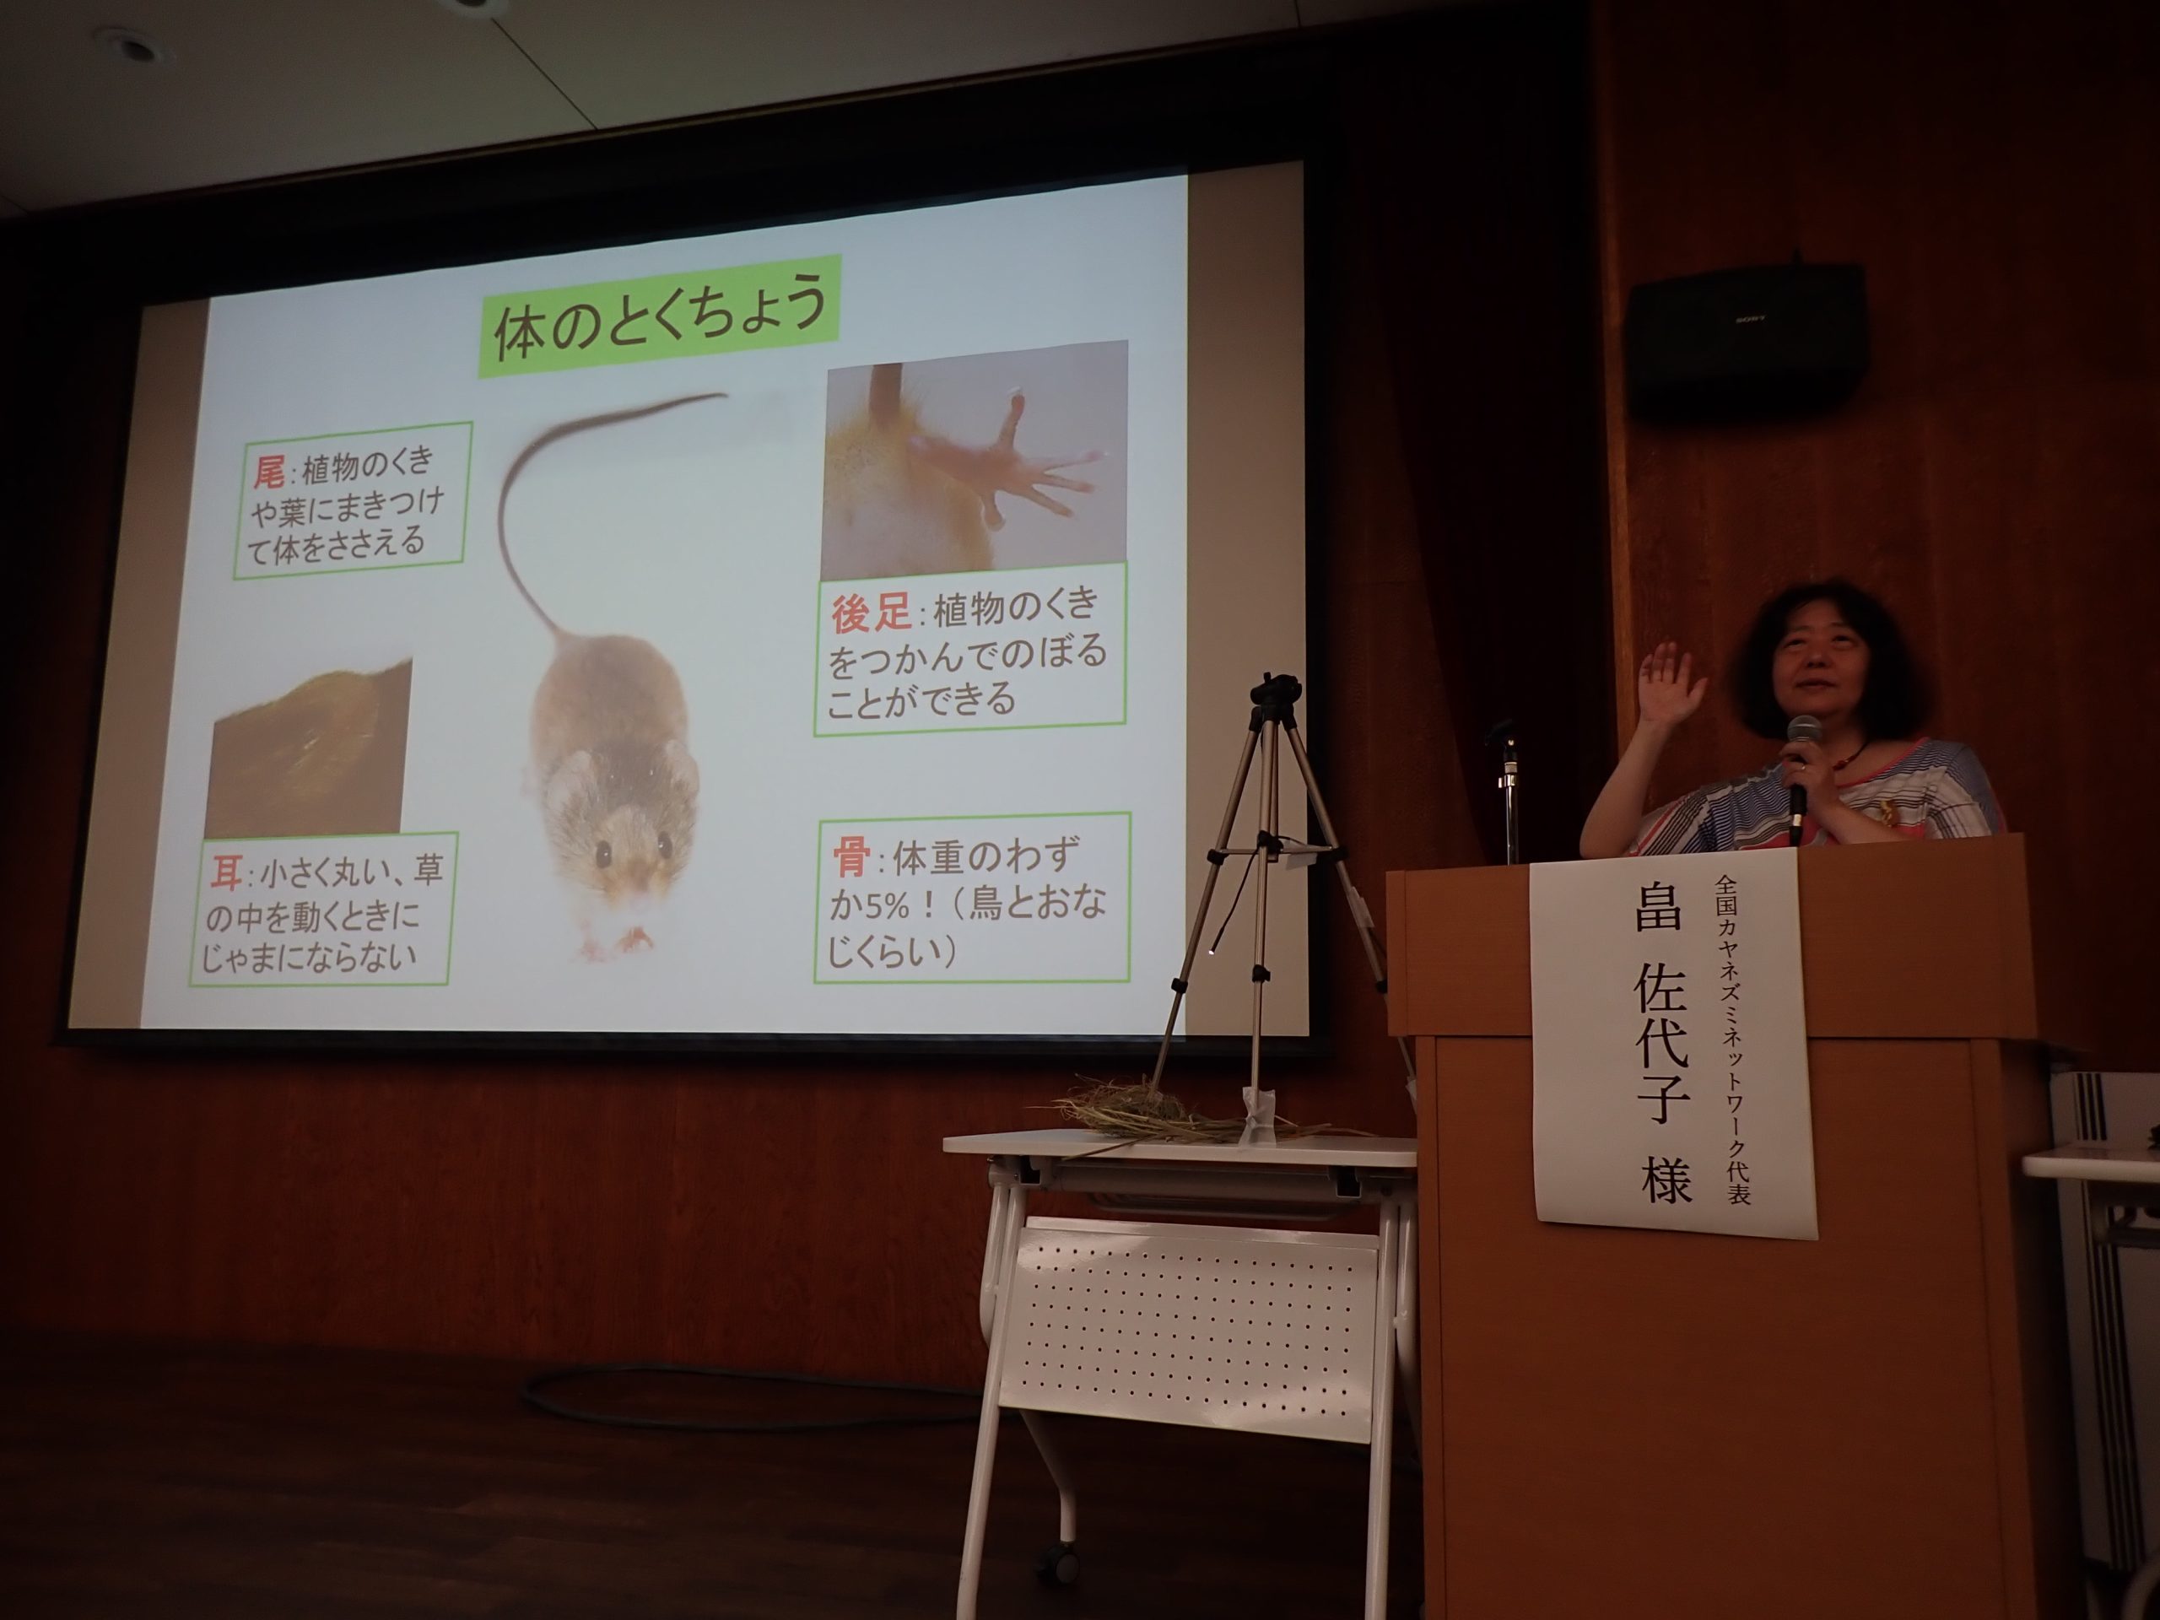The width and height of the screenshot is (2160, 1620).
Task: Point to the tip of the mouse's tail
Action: coord(725,395)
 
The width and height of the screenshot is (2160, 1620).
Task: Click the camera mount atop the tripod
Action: coord(1277,694)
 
